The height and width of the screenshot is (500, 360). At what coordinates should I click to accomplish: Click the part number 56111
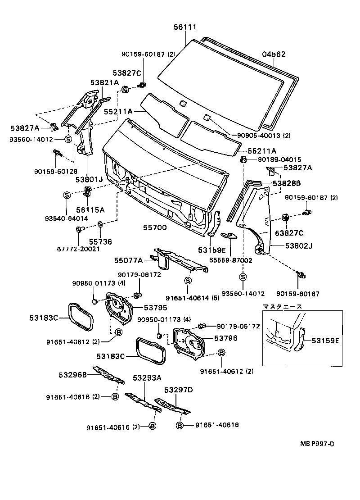point(185,27)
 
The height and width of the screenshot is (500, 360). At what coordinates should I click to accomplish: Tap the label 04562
point(274,55)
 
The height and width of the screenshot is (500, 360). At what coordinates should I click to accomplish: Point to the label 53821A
point(104,82)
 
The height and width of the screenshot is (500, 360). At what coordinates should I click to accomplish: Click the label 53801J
point(89,180)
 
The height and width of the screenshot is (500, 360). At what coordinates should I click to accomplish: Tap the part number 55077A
point(128,260)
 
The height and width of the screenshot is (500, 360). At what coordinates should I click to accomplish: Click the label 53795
point(155,308)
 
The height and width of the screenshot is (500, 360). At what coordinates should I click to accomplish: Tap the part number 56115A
point(90,209)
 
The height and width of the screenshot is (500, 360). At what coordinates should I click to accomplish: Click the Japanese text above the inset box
point(283,306)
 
